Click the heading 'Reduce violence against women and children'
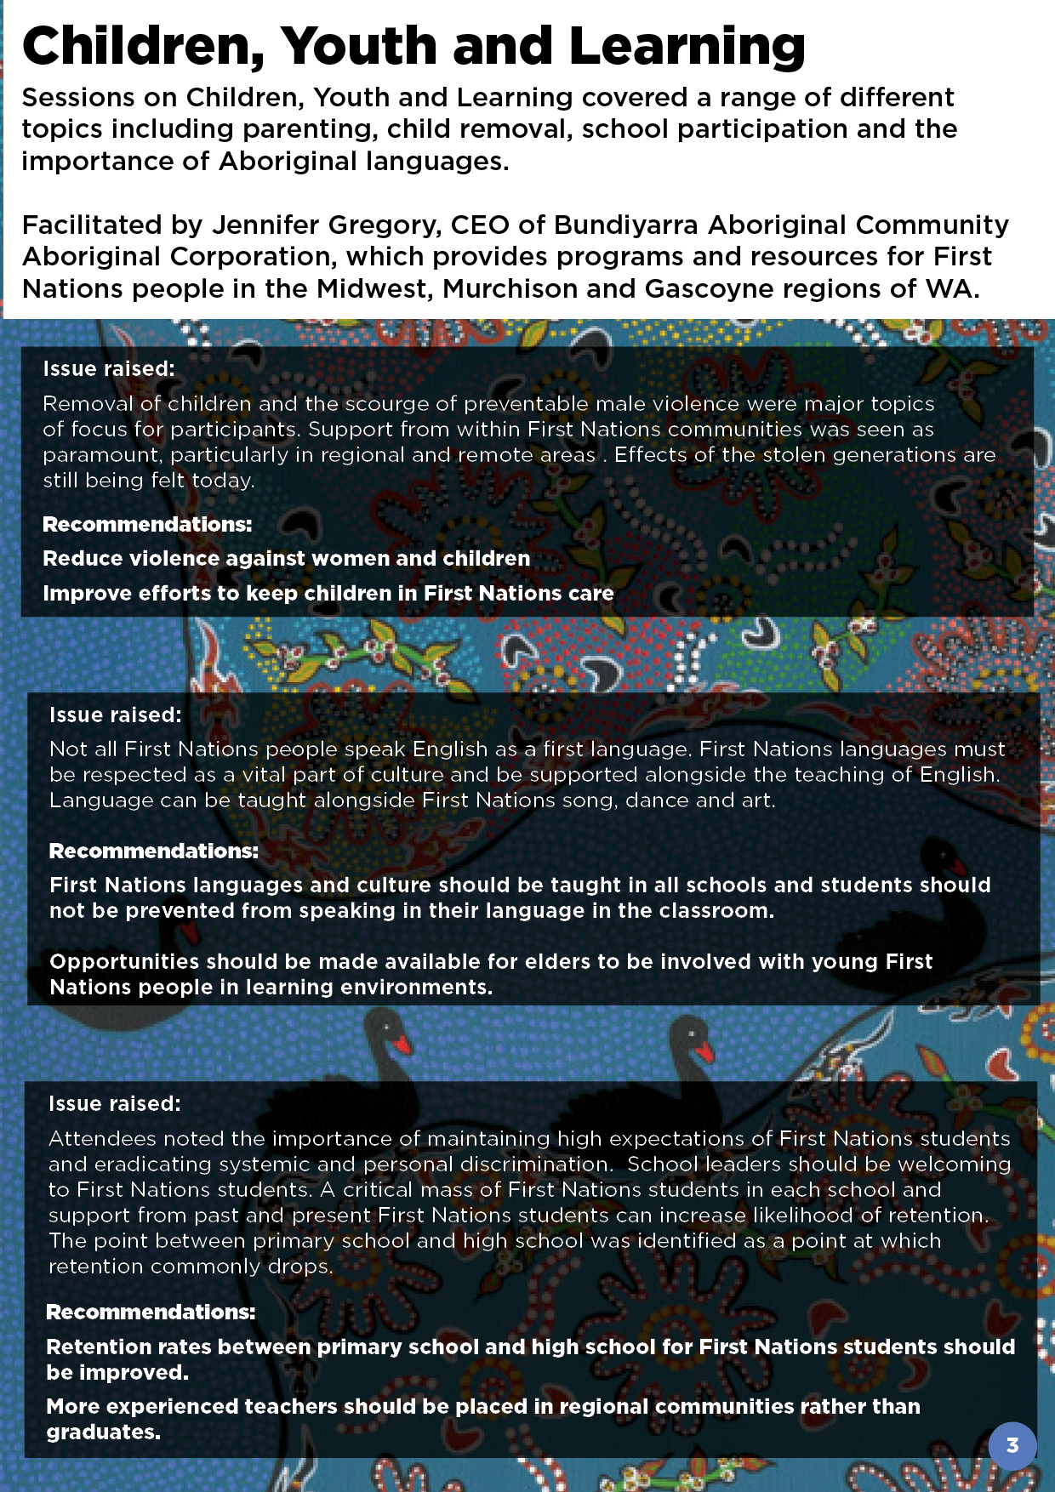(286, 559)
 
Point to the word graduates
(102, 1432)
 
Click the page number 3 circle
(1012, 1445)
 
